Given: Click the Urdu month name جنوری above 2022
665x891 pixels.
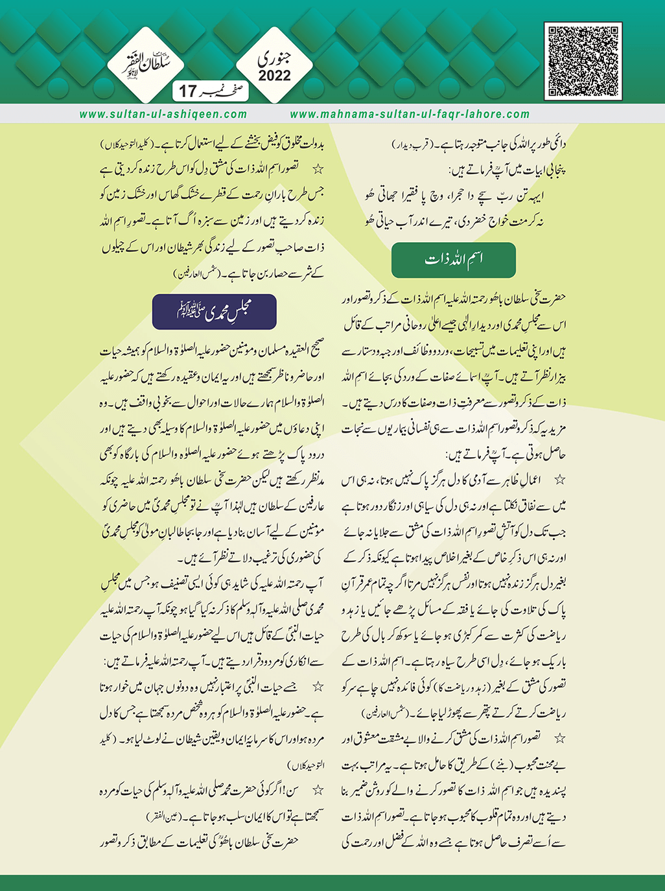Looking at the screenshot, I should point(275,59).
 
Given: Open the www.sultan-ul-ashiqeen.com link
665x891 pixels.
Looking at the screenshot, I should point(163,114).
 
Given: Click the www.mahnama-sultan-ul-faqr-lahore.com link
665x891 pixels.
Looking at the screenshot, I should point(410,114).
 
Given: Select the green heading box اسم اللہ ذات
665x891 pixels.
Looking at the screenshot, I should point(454,260).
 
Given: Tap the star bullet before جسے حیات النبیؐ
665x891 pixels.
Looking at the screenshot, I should point(318,686).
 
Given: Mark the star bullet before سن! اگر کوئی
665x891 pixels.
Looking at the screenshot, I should point(318,790).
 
